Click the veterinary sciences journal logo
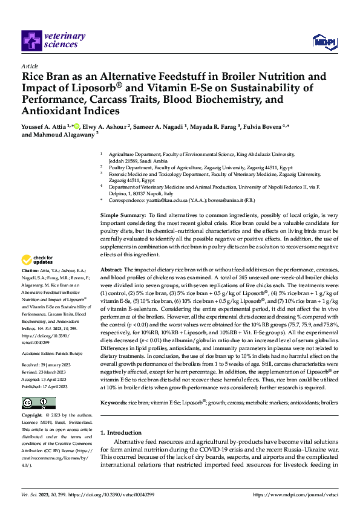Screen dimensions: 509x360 pyautogui.click(x=50, y=39)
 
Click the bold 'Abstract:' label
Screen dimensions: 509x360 pyautogui.click(x=111, y=269)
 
